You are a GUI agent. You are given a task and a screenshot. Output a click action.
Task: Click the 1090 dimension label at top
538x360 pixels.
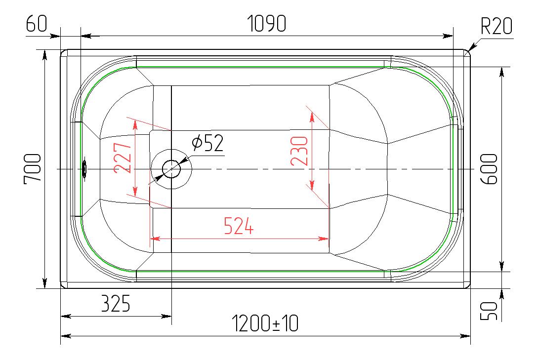[267, 23]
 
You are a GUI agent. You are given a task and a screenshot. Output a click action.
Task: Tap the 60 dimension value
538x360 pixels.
[37, 23]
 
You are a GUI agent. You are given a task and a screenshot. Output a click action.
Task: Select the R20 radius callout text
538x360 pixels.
[496, 26]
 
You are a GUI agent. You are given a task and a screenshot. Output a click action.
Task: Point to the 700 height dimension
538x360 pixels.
[33, 169]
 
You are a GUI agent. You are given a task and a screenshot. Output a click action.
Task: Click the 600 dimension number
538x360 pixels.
[489, 169]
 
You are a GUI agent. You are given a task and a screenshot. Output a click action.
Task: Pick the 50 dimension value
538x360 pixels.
[488, 311]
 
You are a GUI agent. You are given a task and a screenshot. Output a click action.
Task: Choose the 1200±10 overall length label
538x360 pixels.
[265, 323]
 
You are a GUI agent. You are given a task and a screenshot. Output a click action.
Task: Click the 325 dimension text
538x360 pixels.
[116, 303]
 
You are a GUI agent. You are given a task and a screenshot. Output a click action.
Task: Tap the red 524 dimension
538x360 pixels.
[239, 226]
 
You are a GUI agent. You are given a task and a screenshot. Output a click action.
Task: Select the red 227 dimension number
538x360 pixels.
[123, 158]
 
